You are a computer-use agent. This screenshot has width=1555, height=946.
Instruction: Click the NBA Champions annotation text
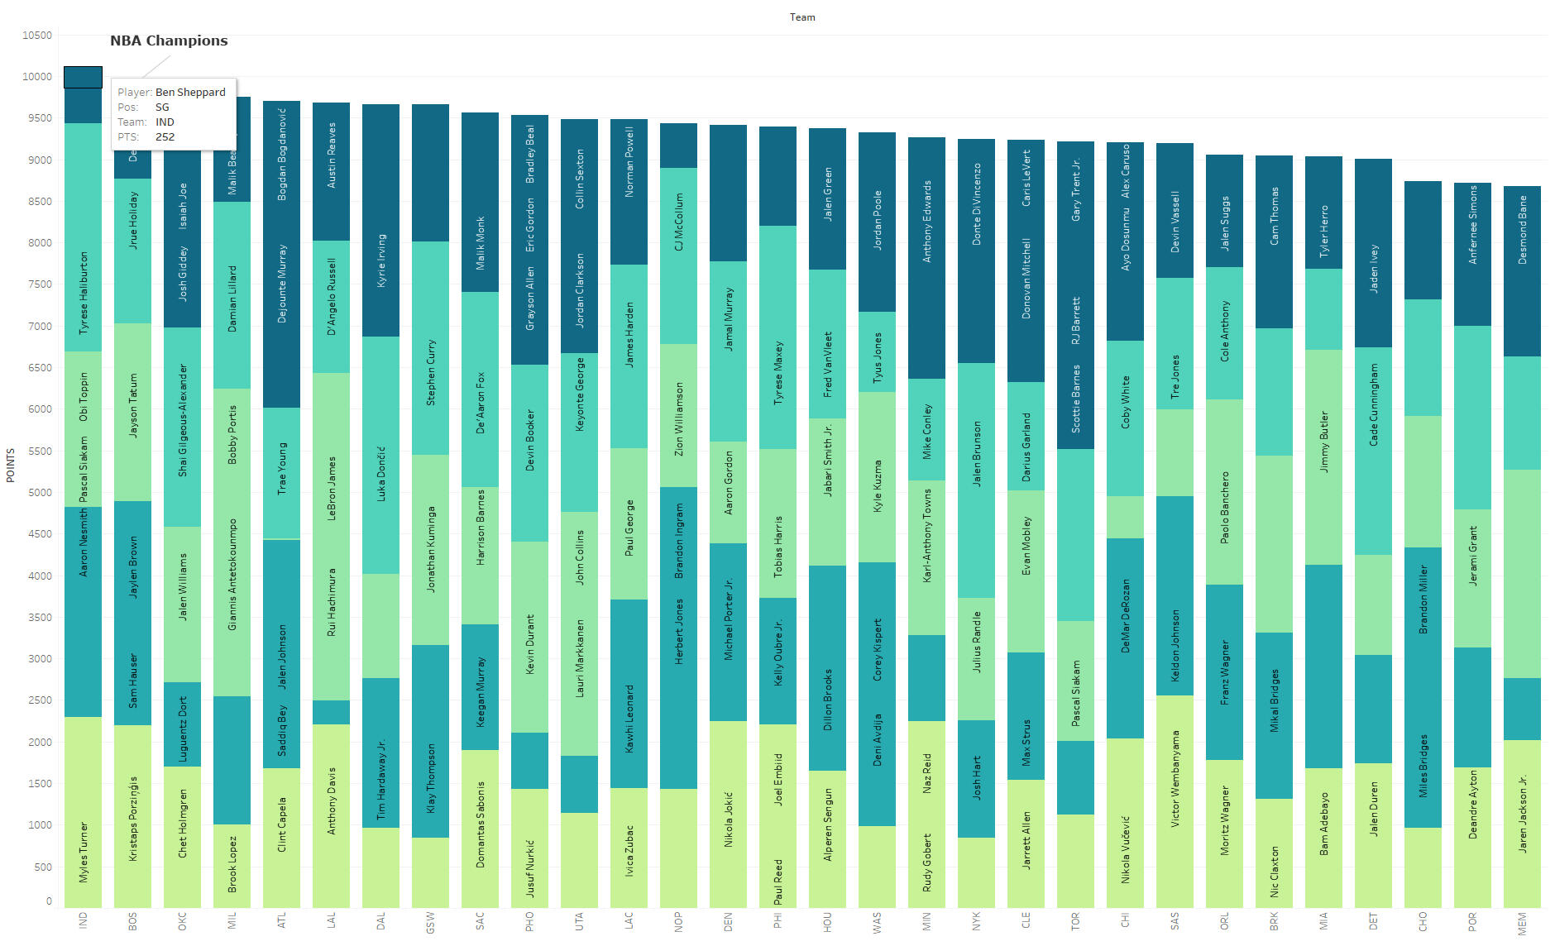point(169,41)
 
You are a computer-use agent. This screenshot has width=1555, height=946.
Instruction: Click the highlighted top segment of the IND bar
point(83,77)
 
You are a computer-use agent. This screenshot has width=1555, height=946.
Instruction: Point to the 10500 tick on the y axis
point(36,36)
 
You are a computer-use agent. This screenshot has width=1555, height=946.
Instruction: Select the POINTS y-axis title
point(11,466)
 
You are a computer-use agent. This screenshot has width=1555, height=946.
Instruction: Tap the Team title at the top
point(801,17)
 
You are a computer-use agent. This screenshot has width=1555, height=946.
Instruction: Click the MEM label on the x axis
point(1522,924)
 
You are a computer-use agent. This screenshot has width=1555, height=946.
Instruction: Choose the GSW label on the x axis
point(430,922)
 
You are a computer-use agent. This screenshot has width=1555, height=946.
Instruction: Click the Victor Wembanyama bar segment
point(1175,800)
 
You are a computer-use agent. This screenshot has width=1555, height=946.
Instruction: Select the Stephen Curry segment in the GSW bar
point(430,347)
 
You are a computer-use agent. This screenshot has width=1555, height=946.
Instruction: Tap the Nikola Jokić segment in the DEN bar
point(728,815)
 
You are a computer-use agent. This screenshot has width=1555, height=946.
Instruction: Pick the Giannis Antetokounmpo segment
point(232,542)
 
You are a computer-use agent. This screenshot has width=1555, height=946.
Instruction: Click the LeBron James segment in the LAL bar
point(331,536)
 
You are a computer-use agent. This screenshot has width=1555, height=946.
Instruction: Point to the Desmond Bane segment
point(1522,271)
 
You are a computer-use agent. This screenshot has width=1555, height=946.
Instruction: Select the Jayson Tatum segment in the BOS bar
point(132,412)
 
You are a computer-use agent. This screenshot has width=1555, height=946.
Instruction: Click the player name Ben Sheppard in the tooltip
point(190,93)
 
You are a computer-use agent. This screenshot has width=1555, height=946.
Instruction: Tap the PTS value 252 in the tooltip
point(165,137)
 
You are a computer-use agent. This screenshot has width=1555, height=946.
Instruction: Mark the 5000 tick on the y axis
point(39,493)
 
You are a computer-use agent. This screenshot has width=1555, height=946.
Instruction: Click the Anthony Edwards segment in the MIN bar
point(926,258)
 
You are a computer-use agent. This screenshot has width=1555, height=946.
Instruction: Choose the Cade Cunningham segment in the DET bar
point(1373,451)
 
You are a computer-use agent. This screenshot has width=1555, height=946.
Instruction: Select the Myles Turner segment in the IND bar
point(83,812)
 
